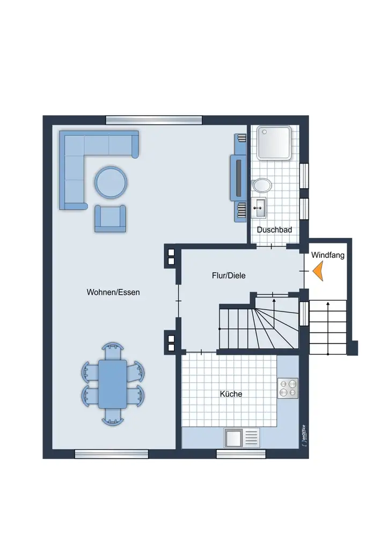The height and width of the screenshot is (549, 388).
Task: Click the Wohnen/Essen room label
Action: pyautogui.click(x=113, y=292)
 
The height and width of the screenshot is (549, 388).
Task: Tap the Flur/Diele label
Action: pyautogui.click(x=229, y=276)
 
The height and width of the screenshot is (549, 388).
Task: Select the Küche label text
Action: pyautogui.click(x=231, y=394)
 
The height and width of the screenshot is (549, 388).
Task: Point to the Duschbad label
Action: pyautogui.click(x=274, y=229)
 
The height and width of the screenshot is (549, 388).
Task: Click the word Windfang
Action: pyautogui.click(x=328, y=255)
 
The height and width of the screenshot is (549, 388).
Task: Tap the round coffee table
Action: pyautogui.click(x=111, y=182)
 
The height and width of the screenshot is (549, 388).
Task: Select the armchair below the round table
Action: pyautogui.click(x=110, y=219)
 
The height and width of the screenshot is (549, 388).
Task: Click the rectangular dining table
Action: pyautogui.click(x=113, y=384)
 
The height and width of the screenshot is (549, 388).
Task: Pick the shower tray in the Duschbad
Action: pyautogui.click(x=274, y=143)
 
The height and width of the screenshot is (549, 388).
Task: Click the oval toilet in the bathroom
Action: pyautogui.click(x=261, y=185)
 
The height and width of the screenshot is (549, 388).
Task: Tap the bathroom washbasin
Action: pyautogui.click(x=259, y=207)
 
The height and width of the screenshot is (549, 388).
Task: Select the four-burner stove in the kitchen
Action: pyautogui.click(x=288, y=388)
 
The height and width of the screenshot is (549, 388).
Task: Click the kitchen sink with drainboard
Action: pyautogui.click(x=242, y=437)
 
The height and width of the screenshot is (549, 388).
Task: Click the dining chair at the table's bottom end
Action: pyautogui.click(x=113, y=417)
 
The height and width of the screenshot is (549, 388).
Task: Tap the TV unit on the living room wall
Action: pyautogui.click(x=238, y=177)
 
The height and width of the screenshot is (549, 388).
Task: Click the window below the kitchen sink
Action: pyautogui.click(x=241, y=454)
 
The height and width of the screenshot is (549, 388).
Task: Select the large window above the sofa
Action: pyautogui.click(x=154, y=120)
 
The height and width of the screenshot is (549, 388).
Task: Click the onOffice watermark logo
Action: pyautogui.click(x=304, y=435)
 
